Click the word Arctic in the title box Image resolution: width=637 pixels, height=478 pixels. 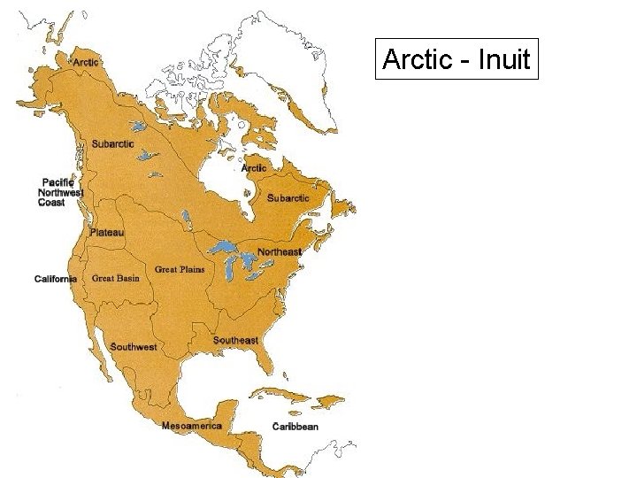[416, 60]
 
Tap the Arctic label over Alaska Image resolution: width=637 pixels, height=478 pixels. [86, 62]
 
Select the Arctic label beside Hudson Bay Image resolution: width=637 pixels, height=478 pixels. [253, 168]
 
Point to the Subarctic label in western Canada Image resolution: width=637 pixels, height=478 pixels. [113, 144]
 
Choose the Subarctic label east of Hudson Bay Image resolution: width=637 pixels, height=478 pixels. [288, 198]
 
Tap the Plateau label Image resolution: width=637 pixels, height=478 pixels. [107, 233]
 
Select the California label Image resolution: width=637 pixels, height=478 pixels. [56, 280]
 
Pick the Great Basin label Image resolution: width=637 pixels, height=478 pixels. [116, 278]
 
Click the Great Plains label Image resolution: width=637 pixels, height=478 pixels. [180, 269]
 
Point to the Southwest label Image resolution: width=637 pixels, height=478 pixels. [134, 347]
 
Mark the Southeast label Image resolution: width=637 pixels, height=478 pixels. [235, 341]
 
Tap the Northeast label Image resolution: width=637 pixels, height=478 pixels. [280, 252]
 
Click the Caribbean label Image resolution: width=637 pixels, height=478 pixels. [295, 427]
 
